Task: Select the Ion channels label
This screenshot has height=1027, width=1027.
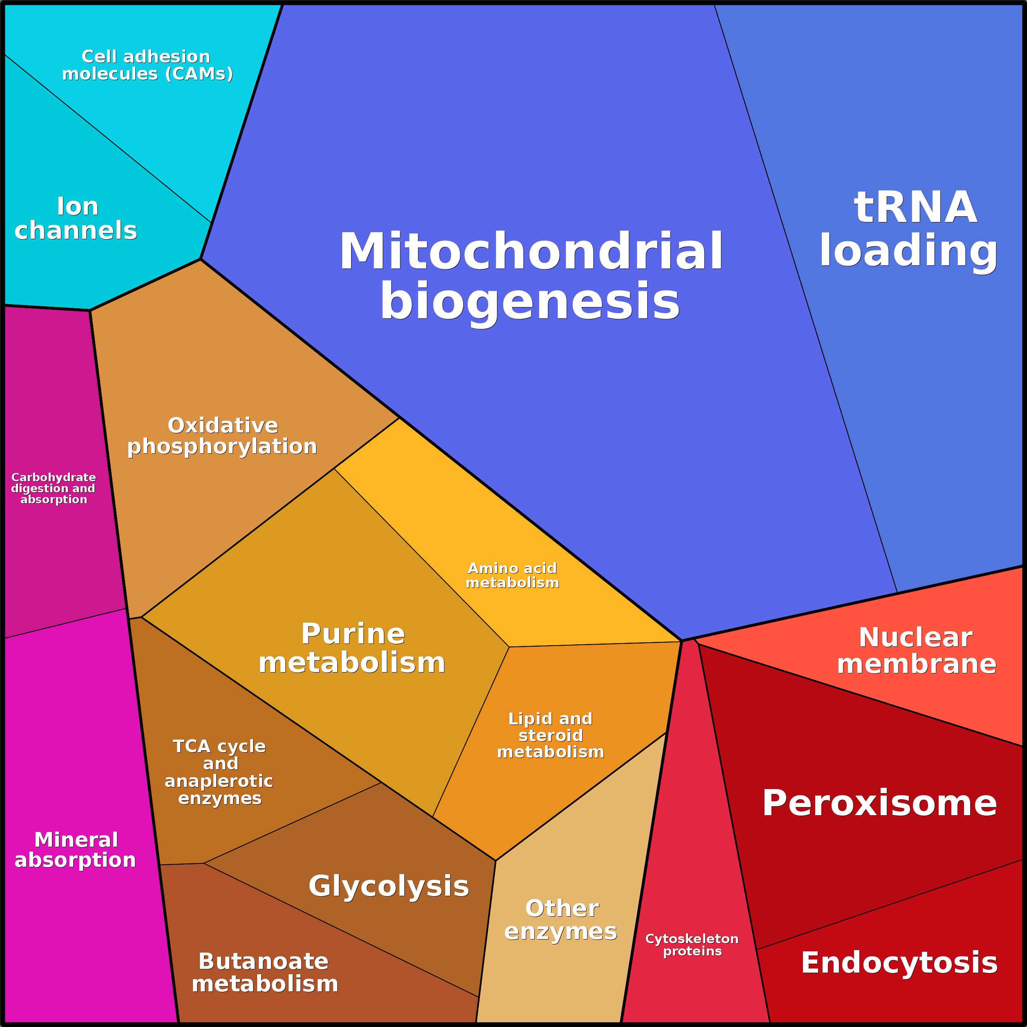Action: click(76, 218)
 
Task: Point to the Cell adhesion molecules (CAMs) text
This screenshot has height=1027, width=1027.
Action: click(147, 65)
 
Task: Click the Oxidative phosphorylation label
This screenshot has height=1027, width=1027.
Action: click(222, 436)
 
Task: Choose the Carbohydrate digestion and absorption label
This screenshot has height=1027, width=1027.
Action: click(53, 488)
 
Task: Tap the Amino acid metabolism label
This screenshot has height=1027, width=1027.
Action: click(512, 575)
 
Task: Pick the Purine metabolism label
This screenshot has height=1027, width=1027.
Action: click(352, 648)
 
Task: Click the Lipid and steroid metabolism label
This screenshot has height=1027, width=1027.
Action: click(550, 735)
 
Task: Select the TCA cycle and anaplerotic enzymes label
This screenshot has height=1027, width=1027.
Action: click(219, 772)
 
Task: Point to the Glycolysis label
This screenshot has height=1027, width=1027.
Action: click(388, 886)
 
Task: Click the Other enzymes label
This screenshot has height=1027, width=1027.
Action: click(561, 919)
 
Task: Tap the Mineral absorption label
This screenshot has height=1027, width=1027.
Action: click(76, 850)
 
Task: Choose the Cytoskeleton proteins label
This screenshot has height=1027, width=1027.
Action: click(692, 944)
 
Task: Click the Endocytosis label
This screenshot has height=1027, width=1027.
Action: click(899, 962)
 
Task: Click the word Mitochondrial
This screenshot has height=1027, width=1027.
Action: click(531, 251)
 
